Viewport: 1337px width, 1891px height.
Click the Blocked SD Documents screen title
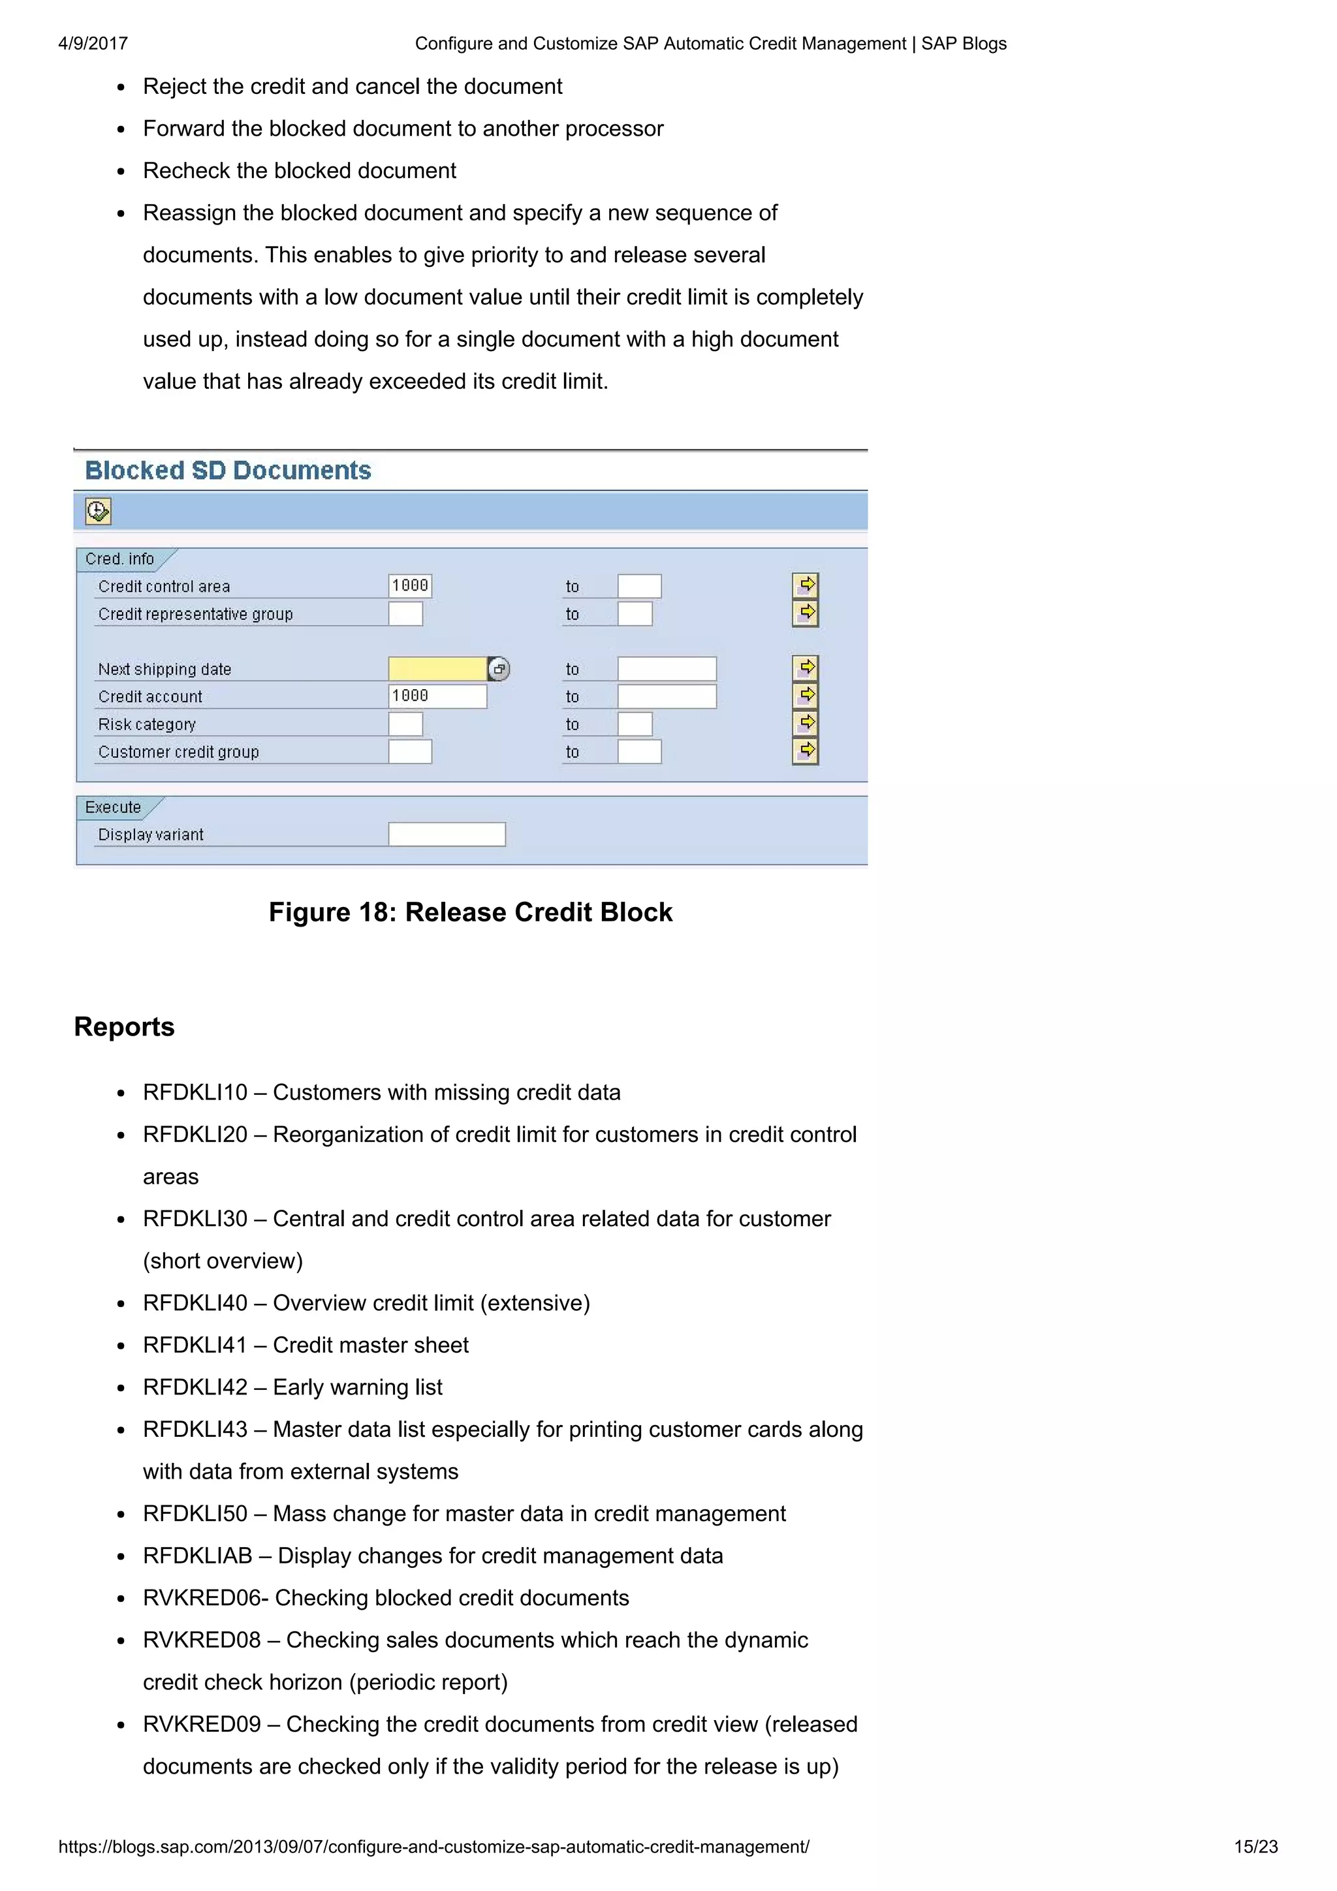tap(228, 470)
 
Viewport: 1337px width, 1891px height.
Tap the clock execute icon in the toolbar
tap(97, 512)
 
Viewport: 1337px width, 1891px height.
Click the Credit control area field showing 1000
tap(410, 585)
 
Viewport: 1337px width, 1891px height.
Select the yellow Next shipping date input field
tap(437, 669)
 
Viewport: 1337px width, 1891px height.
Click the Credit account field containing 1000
tap(437, 696)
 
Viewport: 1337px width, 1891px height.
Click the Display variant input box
tap(447, 835)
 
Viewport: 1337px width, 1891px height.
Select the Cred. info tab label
tap(119, 559)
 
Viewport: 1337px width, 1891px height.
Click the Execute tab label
tap(113, 807)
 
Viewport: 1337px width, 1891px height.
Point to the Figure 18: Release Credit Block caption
tap(471, 913)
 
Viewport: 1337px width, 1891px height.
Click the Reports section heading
tap(125, 1027)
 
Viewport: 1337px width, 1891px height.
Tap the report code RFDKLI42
tap(195, 1387)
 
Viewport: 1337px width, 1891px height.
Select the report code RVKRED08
tap(202, 1640)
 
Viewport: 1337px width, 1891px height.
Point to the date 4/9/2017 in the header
tap(93, 44)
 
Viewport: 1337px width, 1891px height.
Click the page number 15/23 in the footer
tap(1255, 1847)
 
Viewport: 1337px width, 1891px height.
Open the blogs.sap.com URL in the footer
tap(433, 1847)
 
